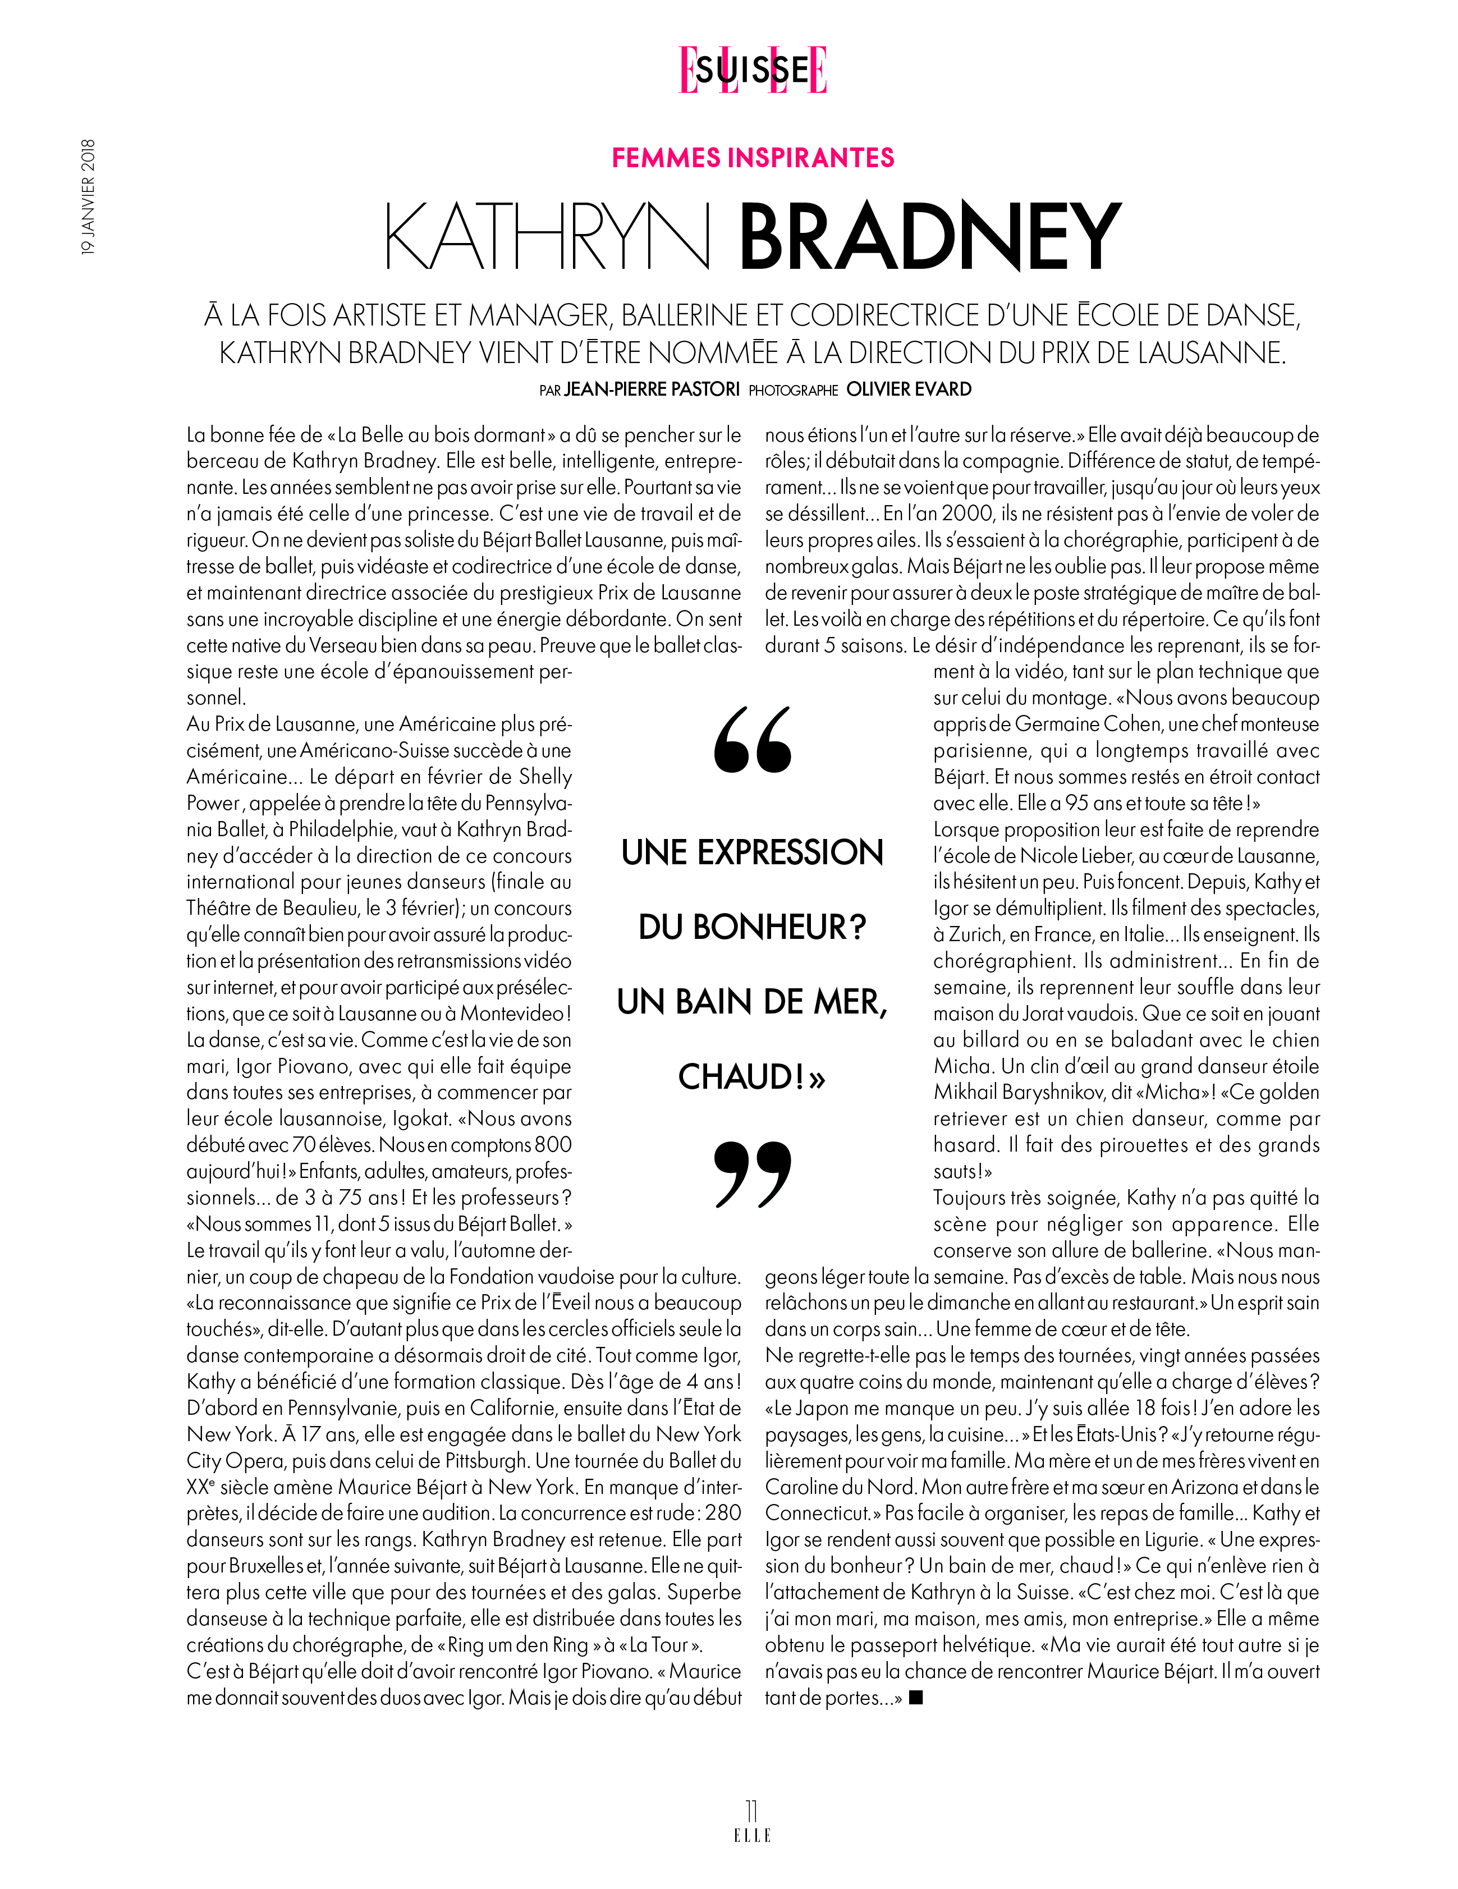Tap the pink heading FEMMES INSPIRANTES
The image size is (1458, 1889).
(753, 157)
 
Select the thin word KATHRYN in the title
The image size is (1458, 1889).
(547, 236)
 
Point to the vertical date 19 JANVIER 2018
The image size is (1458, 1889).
(88, 196)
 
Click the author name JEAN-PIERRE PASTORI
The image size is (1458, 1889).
(652, 389)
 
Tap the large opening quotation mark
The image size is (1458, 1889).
(753, 740)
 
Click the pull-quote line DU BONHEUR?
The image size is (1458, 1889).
(753, 927)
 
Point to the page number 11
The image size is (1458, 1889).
(751, 1810)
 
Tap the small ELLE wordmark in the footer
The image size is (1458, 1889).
(751, 1835)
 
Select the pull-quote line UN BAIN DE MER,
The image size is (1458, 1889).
(753, 1002)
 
